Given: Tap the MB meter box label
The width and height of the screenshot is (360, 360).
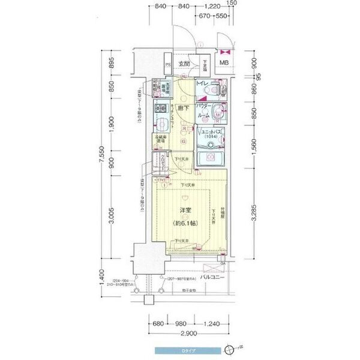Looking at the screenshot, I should (223, 63).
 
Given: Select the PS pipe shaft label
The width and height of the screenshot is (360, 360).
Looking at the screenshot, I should (168, 64).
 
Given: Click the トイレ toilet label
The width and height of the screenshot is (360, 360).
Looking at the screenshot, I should (202, 83).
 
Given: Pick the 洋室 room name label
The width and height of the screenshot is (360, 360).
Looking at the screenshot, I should (185, 211).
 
